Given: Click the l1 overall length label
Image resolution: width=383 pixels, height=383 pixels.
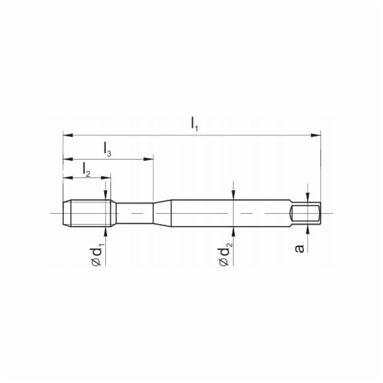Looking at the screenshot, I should pos(195,124).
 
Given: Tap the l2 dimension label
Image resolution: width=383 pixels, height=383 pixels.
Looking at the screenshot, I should pos(87,168).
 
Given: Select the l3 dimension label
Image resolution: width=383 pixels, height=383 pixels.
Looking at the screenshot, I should pos(107,150).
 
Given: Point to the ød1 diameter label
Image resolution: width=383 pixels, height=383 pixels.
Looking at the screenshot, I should pos(98,253).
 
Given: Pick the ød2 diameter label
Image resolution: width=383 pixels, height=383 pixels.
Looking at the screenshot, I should pos(225,253).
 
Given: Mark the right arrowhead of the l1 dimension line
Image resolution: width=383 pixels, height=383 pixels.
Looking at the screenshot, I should pos(315,135).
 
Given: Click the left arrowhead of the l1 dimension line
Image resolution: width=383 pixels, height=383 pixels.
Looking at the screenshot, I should pos(67,135).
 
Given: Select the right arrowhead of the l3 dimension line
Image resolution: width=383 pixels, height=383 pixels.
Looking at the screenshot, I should pos(149,158).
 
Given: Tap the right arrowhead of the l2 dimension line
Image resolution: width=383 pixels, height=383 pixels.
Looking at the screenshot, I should pos(106,176).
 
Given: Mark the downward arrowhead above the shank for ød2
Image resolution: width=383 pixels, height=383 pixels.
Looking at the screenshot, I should pos(234,196).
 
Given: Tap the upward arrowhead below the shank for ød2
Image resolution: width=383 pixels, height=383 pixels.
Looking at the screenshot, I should pos(234,229).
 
